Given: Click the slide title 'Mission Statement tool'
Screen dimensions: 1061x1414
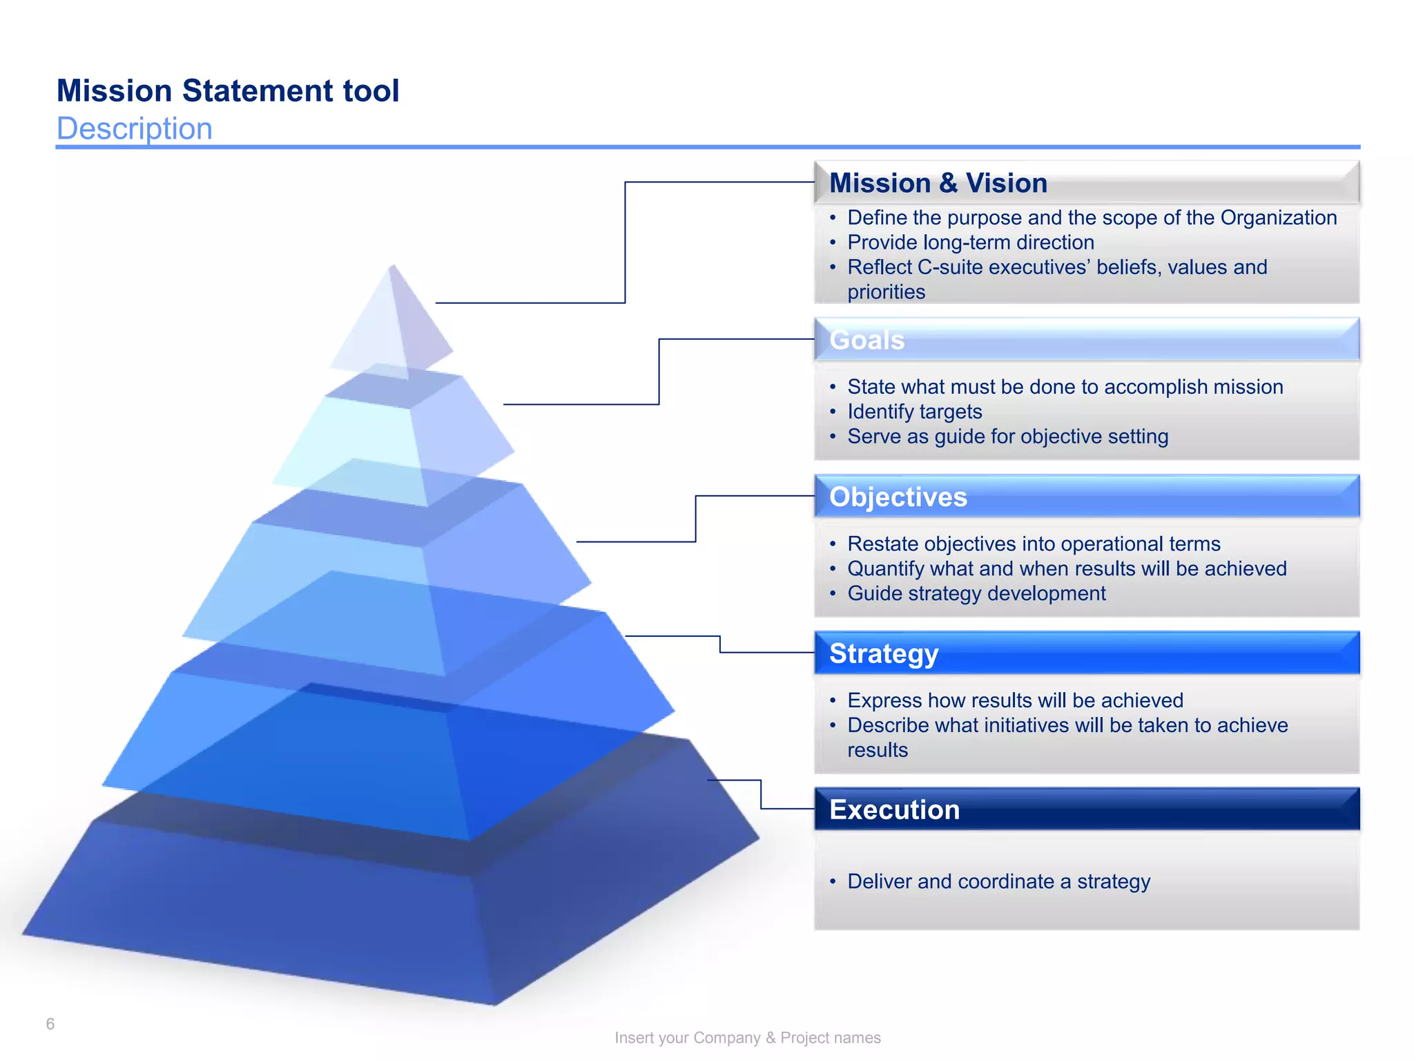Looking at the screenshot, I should pyautogui.click(x=228, y=91).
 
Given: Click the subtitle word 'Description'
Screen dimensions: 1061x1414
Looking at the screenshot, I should pyautogui.click(x=135, y=129).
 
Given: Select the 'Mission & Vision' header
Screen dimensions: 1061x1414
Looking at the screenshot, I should pyautogui.click(x=938, y=184).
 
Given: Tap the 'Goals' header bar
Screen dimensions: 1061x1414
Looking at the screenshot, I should pyautogui.click(x=1086, y=340).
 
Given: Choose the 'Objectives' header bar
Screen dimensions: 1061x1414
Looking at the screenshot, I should pyautogui.click(x=1086, y=497).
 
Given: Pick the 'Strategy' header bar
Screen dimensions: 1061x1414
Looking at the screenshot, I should pyautogui.click(x=1086, y=653).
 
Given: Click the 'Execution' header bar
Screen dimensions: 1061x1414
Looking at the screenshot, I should pyautogui.click(x=1086, y=810).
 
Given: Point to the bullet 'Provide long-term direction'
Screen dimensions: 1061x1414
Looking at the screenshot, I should pyautogui.click(x=970, y=242).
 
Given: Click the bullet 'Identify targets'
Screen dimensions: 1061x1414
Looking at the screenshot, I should pyautogui.click(x=914, y=412).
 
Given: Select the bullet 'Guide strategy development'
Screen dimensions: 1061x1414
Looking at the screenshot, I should pyautogui.click(x=976, y=593).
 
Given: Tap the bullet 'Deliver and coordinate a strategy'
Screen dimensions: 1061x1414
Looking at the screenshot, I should pyautogui.click(x=998, y=881).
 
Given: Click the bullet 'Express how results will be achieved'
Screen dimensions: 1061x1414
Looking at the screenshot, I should pyautogui.click(x=1015, y=700).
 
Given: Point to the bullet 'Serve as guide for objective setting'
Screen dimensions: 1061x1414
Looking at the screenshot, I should pyautogui.click(x=1007, y=437).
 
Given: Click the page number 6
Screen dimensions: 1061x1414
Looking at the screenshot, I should pyautogui.click(x=50, y=1024).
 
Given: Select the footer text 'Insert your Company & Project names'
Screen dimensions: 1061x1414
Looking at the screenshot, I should pyautogui.click(x=747, y=1038).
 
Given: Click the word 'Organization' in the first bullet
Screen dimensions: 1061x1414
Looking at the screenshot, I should pyautogui.click(x=1278, y=218).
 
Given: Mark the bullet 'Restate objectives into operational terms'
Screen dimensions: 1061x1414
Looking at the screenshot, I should pyautogui.click(x=1034, y=544).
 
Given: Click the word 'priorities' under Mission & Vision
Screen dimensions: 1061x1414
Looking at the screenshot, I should pyautogui.click(x=886, y=292).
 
